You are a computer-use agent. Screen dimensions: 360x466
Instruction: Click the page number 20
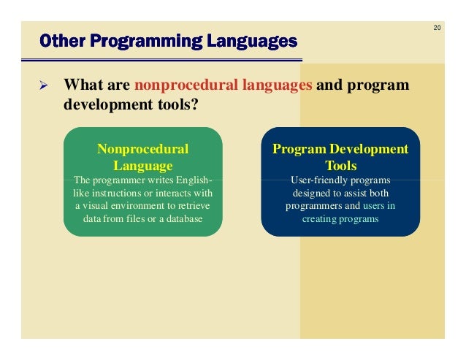436,28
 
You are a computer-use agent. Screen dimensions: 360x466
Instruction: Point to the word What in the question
82,85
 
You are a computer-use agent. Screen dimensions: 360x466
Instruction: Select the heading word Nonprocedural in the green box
142,149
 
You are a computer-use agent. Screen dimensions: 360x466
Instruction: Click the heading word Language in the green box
142,165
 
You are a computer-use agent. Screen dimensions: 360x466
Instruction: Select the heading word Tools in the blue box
340,165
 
